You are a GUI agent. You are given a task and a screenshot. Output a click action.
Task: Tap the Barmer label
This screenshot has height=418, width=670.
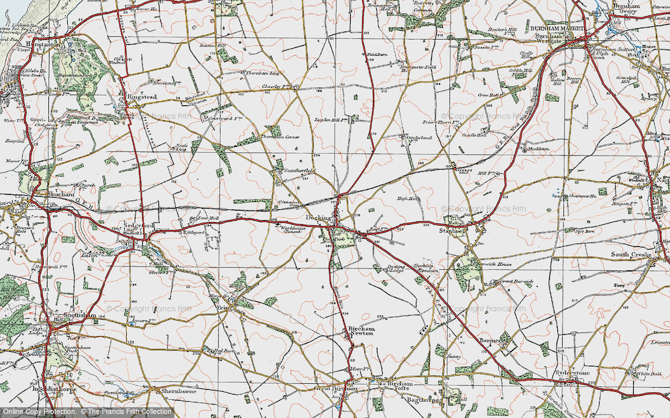pyautogui.click(x=492, y=341)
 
